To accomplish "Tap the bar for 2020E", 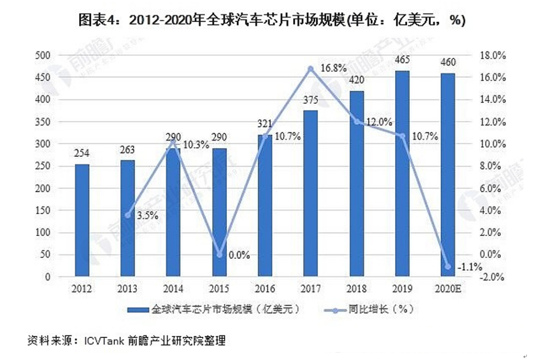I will point(447,175).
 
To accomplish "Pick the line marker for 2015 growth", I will point(220,255).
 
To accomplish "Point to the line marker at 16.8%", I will point(311,68).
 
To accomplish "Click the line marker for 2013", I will point(128,215).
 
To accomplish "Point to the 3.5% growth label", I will point(147,216).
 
